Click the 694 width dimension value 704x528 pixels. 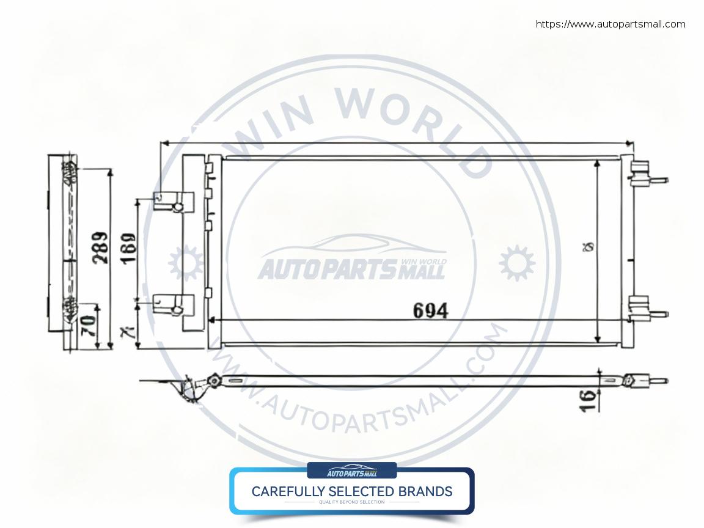point(430,310)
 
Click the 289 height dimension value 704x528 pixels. point(100,248)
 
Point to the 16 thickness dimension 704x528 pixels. point(588,400)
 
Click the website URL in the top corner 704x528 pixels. point(610,24)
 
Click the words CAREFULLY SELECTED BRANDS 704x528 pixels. point(352,491)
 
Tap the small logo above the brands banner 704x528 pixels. point(352,471)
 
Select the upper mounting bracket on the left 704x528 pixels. point(174,202)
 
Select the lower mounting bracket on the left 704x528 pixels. point(174,305)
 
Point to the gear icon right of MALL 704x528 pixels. point(516,263)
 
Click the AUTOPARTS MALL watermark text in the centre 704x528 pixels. point(351,269)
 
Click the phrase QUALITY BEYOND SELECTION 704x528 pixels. point(352,502)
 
